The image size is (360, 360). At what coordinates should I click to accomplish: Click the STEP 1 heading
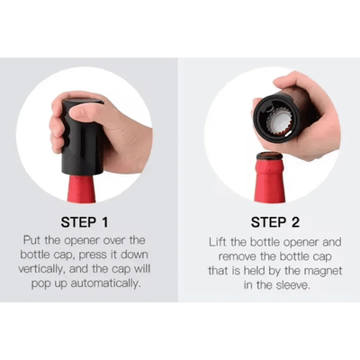(x=85, y=222)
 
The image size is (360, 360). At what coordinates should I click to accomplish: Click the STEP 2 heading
(x=275, y=222)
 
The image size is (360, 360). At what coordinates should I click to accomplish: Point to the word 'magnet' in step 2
(x=322, y=271)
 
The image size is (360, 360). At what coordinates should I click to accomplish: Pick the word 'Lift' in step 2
(x=218, y=242)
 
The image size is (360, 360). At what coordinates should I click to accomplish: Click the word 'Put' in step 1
(x=32, y=240)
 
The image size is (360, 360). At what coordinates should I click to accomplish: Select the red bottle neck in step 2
(x=269, y=180)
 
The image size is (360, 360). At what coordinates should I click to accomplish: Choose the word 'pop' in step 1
(x=40, y=284)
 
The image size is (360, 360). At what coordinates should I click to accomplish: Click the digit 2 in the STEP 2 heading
(x=295, y=222)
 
